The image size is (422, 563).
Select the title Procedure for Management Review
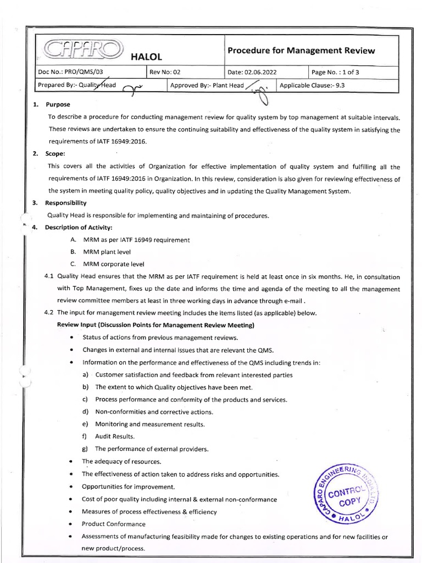(x=301, y=51)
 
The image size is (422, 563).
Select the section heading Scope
(x=55, y=154)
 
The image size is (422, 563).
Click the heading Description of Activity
(x=78, y=228)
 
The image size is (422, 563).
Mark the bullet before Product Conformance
(x=72, y=525)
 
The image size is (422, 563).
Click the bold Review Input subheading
(x=156, y=325)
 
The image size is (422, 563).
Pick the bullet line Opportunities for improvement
(x=128, y=487)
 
